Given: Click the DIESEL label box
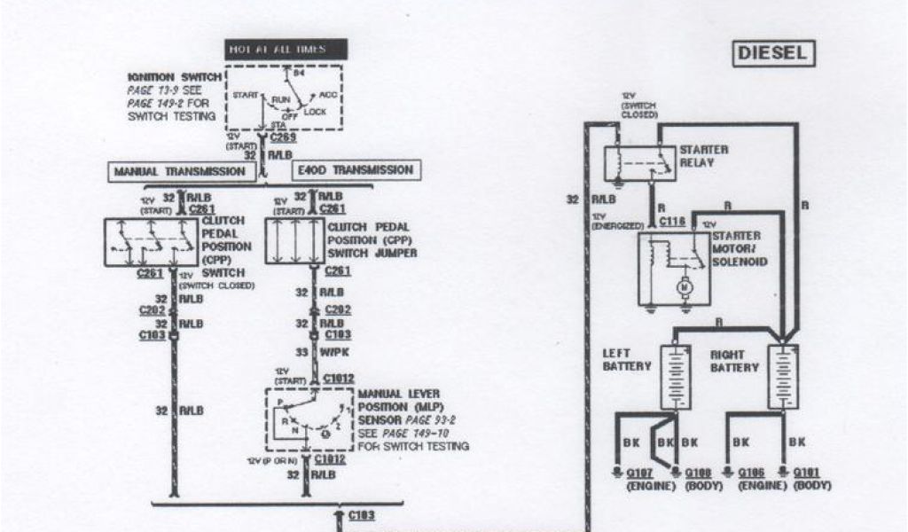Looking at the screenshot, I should (x=771, y=53).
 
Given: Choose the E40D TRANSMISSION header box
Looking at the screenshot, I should (x=355, y=169).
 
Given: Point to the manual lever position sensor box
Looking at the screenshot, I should (x=307, y=419).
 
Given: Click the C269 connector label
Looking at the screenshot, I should (x=284, y=137).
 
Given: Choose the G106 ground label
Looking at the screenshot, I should (x=755, y=473).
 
